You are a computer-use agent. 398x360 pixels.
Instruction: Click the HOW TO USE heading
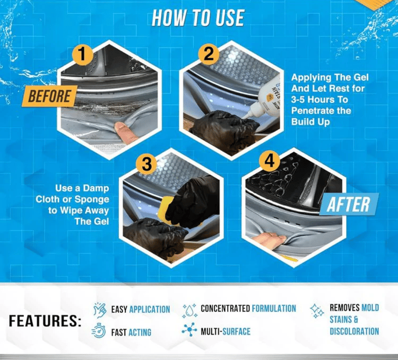(198, 17)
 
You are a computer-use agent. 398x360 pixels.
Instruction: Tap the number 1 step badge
(82, 54)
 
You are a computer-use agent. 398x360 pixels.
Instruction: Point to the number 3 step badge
(146, 164)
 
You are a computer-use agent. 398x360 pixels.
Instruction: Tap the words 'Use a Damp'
(82, 188)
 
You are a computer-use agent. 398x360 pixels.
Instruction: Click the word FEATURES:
(45, 321)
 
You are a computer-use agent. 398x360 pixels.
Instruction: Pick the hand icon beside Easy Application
(99, 309)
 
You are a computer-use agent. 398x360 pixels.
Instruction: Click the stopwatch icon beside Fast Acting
(99, 332)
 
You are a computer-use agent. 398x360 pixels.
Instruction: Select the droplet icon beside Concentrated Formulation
(189, 309)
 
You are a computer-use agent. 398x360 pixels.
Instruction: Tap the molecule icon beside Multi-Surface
(189, 331)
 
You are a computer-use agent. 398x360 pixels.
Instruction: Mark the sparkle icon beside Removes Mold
(317, 311)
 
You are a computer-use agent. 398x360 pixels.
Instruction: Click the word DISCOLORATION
(354, 331)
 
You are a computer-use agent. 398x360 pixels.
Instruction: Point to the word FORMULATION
(274, 309)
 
